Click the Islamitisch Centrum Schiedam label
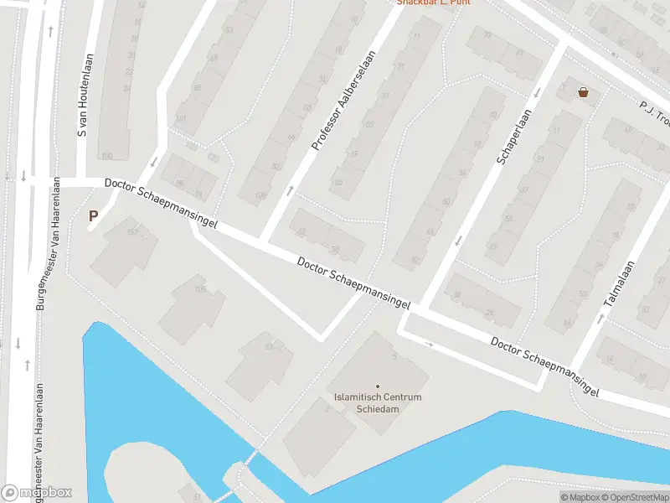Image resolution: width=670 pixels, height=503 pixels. [377, 402]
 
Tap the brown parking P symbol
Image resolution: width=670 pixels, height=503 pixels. [94, 216]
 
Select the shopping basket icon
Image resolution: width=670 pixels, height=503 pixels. [583, 92]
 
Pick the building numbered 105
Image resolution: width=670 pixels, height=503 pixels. [338, 183]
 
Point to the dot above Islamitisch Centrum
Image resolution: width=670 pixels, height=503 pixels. [377, 386]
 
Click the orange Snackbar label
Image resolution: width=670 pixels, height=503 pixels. [433, 3]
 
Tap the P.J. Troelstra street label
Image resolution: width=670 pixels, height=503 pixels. [653, 111]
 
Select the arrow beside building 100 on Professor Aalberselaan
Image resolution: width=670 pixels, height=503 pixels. [290, 191]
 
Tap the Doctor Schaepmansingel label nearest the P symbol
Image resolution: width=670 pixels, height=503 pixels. [162, 205]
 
